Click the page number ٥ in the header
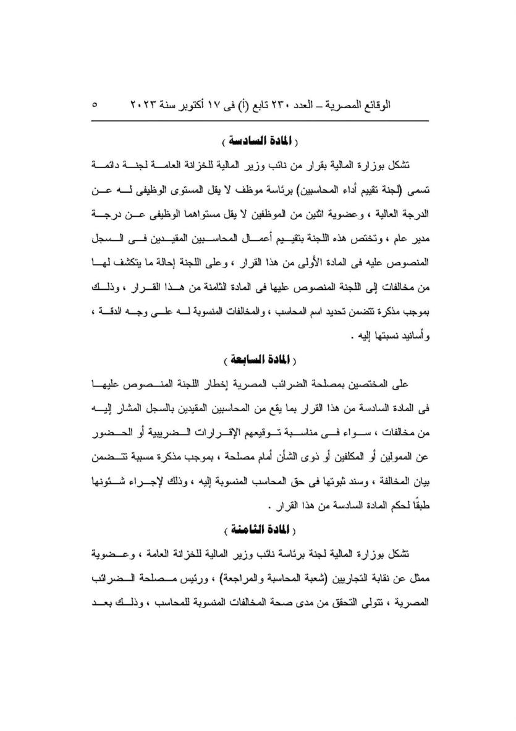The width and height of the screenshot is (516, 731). (x=95, y=105)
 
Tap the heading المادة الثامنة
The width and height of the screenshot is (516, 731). (x=257, y=528)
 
